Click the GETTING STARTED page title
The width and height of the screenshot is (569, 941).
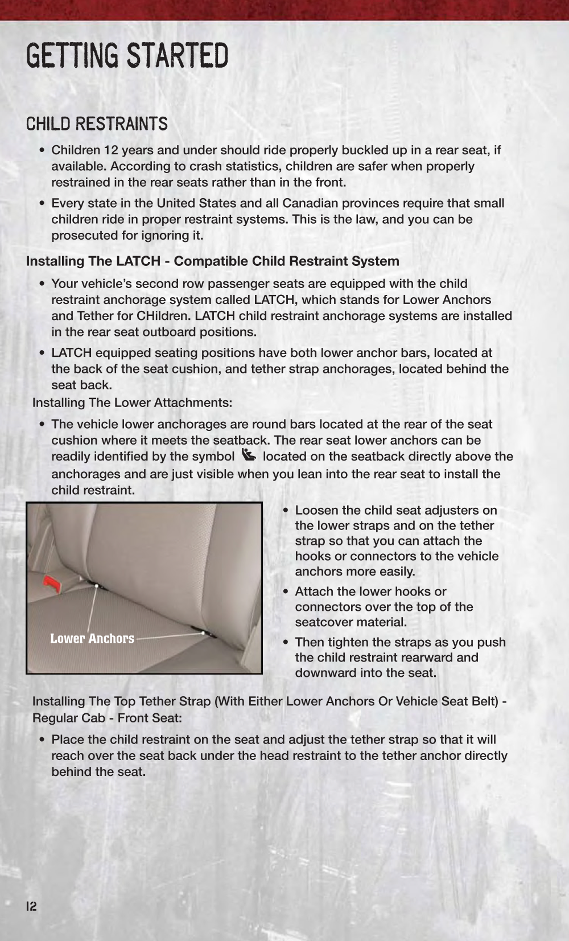(127, 55)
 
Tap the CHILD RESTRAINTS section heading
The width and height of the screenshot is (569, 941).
(97, 124)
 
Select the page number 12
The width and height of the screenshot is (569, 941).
(31, 906)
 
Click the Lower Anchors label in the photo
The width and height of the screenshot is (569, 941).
(92, 638)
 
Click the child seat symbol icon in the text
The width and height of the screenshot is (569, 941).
(249, 455)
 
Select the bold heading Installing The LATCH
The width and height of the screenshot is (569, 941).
(212, 261)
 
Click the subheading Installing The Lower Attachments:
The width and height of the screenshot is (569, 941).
(132, 402)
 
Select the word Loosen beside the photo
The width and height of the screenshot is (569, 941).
(315, 510)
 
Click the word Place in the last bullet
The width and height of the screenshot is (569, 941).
(68, 739)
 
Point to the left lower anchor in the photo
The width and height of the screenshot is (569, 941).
(97, 586)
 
